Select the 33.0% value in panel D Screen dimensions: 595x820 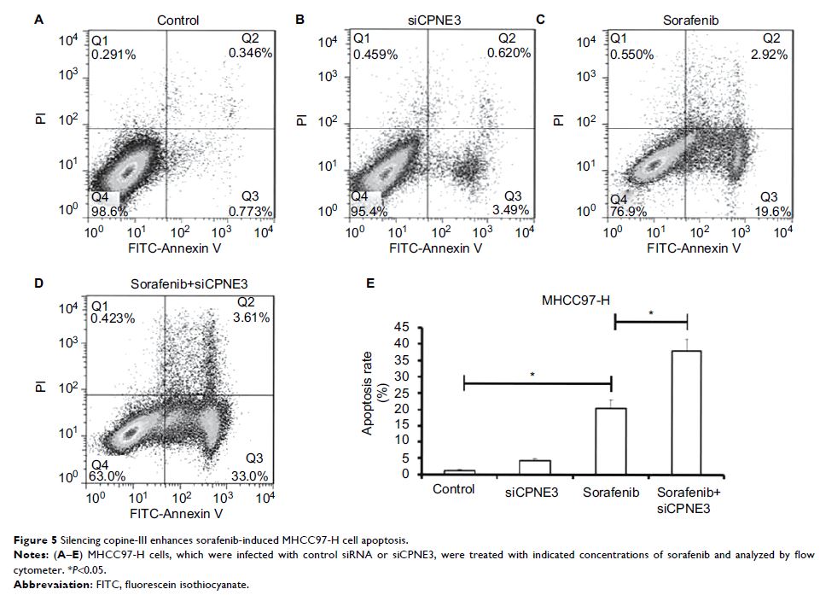[x=253, y=475]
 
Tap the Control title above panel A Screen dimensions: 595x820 [x=178, y=20]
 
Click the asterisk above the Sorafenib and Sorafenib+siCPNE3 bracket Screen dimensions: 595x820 [x=651, y=312]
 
